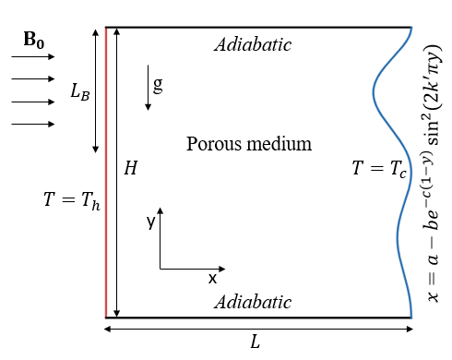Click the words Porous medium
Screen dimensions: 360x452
[249, 144]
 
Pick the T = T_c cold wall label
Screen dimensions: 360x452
[379, 168]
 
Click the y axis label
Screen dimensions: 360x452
[150, 222]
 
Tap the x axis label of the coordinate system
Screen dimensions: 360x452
[212, 277]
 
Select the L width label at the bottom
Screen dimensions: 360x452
[256, 342]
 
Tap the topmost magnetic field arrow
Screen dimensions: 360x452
[33, 57]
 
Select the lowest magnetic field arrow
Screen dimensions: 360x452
[33, 124]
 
